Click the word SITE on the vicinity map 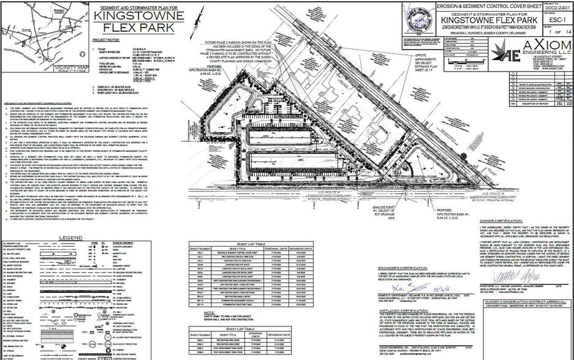[9, 29]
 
